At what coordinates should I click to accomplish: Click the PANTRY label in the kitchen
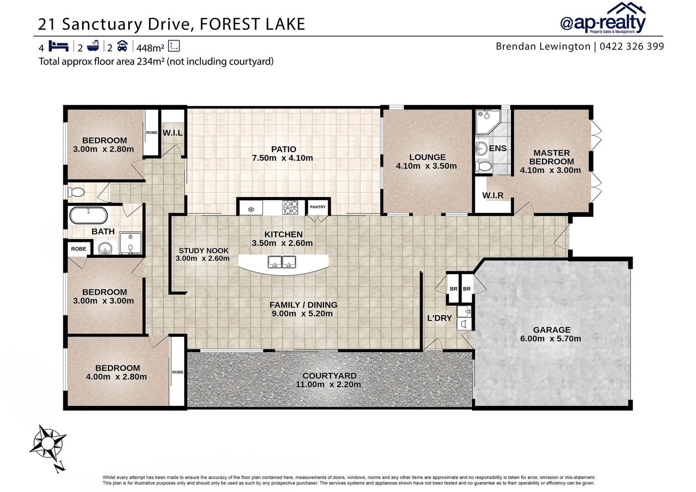point(317,207)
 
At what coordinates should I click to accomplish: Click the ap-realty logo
point(602,19)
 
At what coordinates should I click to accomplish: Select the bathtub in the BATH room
point(88,215)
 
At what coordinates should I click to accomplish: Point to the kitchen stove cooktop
point(290,208)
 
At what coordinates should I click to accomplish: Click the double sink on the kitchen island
point(282,262)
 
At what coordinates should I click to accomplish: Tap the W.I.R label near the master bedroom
point(492,195)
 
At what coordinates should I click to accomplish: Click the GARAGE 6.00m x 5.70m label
point(551,334)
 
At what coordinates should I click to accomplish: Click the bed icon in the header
point(58,46)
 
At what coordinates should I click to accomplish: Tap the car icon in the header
point(122,46)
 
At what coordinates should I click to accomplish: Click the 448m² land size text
point(150,47)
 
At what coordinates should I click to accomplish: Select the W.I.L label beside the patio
point(173,133)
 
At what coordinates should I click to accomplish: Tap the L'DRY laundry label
point(439,318)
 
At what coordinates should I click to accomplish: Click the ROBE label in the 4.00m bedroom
point(178,372)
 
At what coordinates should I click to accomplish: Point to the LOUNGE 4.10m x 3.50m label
point(426,161)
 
